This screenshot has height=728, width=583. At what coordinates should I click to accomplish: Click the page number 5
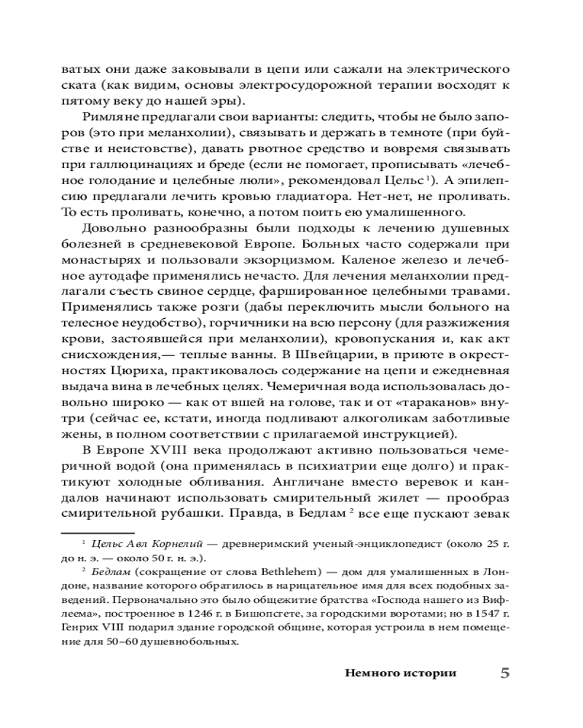(x=504, y=673)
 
